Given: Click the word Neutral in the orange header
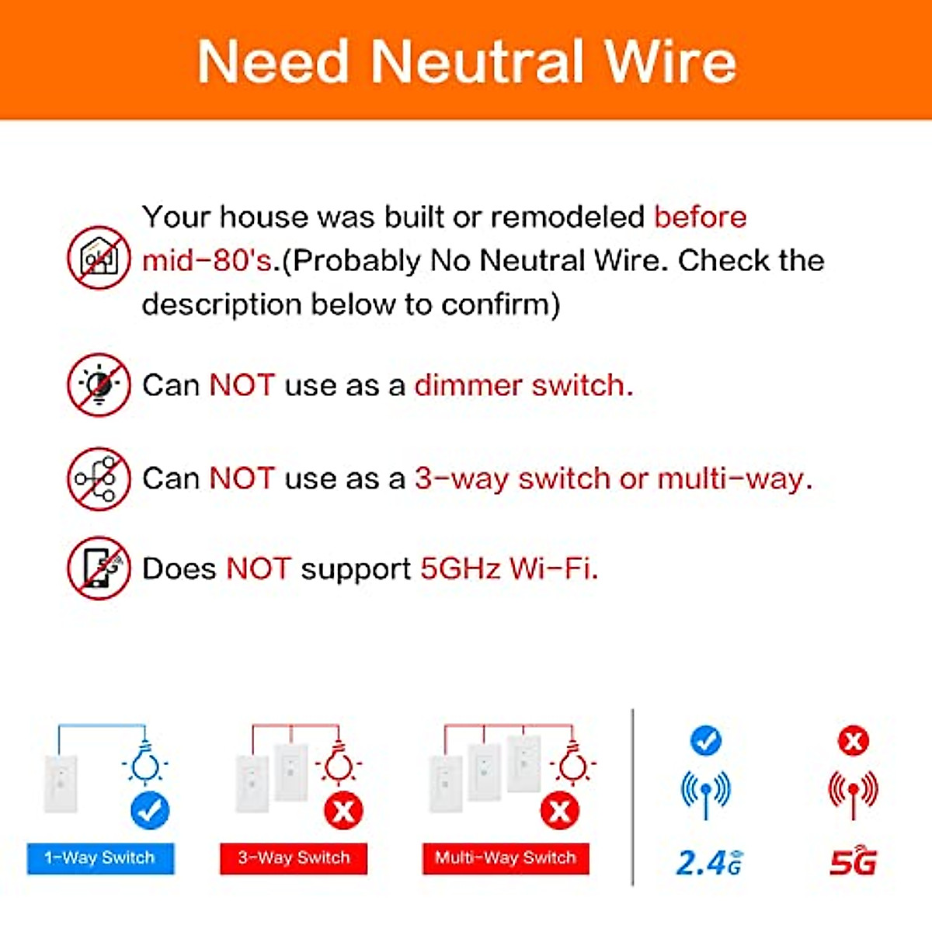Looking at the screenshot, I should (x=477, y=62).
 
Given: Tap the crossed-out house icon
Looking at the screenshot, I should (x=99, y=259).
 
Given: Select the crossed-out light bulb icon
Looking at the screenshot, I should (x=99, y=385).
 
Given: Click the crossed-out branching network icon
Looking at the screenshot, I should (x=99, y=478).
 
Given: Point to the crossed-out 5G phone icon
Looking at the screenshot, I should (x=99, y=569).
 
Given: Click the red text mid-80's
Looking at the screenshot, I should (x=207, y=261).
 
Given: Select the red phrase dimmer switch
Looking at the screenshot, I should (x=523, y=385).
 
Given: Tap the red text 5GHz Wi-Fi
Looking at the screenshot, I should (x=509, y=569).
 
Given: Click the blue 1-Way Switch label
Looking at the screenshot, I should (x=100, y=858).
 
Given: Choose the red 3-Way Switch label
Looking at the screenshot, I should (x=294, y=858).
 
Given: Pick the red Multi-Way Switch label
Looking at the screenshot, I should (x=506, y=858).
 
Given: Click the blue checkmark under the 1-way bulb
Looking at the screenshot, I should (x=150, y=812).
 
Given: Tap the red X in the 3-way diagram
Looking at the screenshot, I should (x=343, y=812).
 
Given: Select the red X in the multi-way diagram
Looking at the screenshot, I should (x=559, y=812).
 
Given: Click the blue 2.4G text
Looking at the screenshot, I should (x=708, y=862).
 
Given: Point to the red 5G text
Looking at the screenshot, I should (x=853, y=862).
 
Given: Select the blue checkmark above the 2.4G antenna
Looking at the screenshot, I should (x=705, y=740).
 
